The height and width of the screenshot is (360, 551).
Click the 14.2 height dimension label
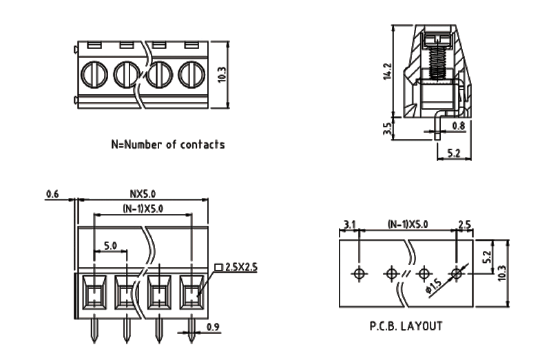388,71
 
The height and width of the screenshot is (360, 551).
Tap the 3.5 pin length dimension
387,128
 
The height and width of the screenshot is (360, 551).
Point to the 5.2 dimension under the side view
454,153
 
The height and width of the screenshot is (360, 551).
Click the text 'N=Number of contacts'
168,145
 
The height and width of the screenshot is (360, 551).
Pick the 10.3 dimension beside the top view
220,74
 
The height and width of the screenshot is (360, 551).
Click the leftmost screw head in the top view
93,74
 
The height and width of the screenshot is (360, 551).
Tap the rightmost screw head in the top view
191,74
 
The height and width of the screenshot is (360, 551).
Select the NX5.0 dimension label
143,194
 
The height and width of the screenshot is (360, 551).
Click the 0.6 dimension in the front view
52,195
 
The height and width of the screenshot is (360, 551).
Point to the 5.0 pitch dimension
110,245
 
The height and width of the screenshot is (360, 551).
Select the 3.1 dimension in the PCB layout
349,224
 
